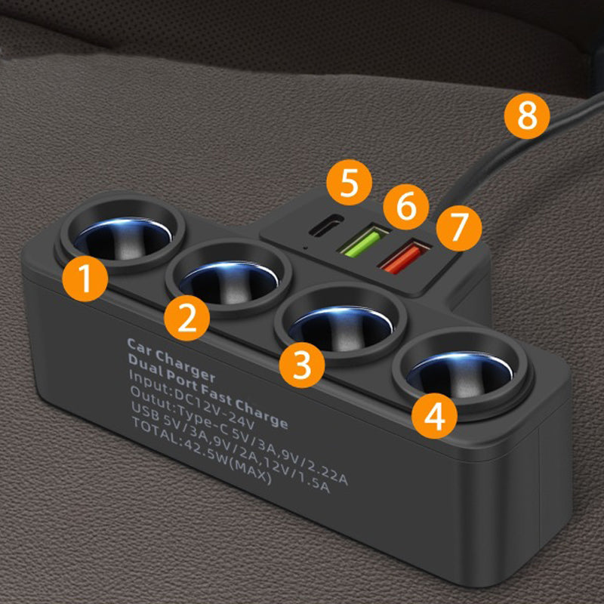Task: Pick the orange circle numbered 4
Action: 434,416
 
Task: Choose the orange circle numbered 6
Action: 406,206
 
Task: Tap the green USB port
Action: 362,242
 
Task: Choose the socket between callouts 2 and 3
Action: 230,278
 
